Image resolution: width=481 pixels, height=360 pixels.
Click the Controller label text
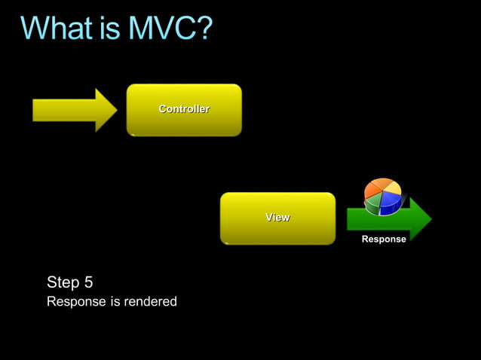[184, 109]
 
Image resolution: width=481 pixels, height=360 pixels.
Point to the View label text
[277, 217]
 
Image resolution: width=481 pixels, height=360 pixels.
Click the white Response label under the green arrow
[384, 239]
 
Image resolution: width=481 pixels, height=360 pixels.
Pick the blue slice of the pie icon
[391, 202]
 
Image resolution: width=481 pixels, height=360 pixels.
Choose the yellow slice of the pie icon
[392, 187]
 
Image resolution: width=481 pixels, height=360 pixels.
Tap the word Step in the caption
[63, 282]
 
